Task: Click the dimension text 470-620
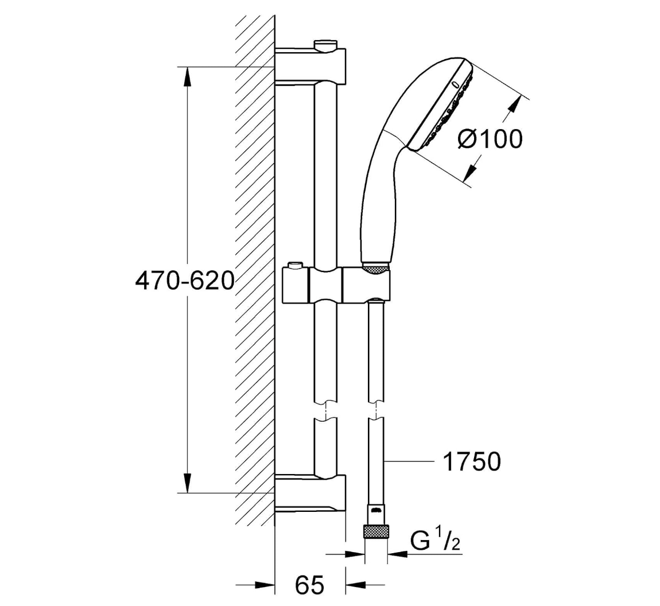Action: click(x=185, y=281)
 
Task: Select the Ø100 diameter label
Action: click(x=490, y=139)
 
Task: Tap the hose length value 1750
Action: click(x=472, y=461)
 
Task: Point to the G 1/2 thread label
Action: click(x=435, y=541)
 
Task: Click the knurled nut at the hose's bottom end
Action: click(x=376, y=530)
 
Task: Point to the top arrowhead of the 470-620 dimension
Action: click(x=187, y=77)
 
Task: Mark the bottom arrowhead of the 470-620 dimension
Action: click(x=187, y=482)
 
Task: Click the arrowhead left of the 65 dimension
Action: click(x=264, y=585)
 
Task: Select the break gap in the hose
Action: click(x=376, y=410)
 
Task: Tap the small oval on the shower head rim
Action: click(x=455, y=85)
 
